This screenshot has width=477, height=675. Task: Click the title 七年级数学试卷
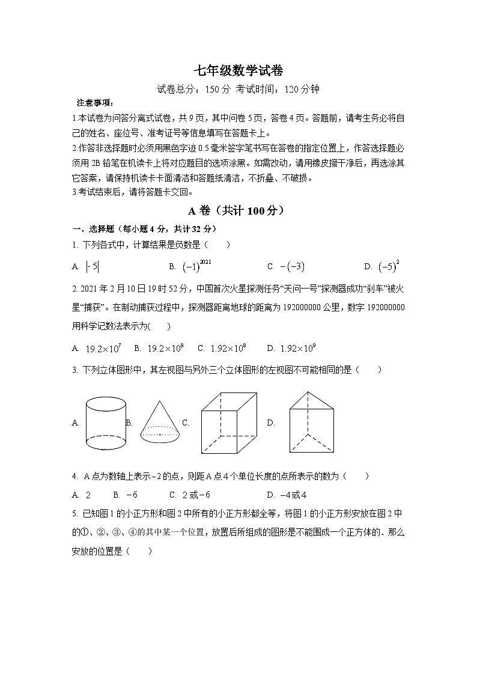(238, 70)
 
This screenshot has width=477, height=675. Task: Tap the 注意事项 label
(91, 103)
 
